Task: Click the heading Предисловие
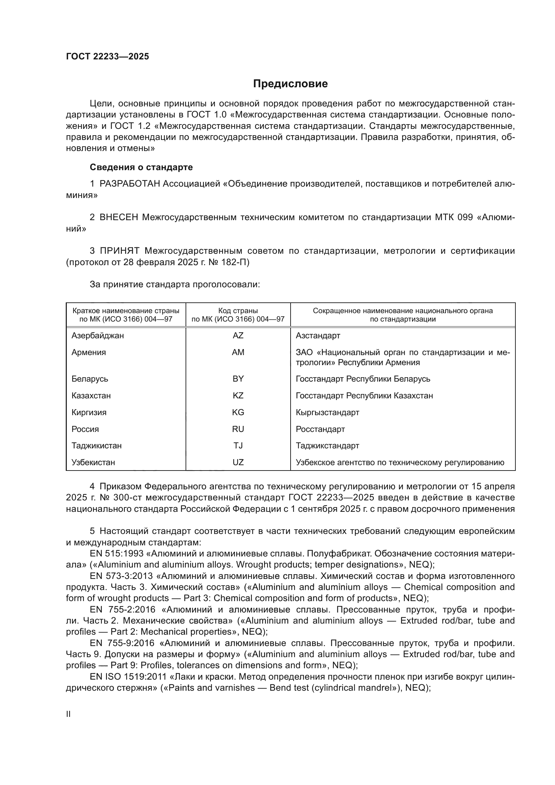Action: coord(290,84)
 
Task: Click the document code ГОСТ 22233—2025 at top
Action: coord(108,57)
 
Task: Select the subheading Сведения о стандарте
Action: coord(141,167)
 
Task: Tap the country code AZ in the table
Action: coord(238,335)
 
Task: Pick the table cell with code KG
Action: coord(238,412)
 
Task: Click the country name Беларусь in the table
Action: coord(90,379)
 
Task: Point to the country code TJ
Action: coord(238,445)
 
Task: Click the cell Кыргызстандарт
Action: coord(327,412)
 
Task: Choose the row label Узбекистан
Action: coord(93,462)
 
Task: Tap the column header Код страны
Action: coord(238,311)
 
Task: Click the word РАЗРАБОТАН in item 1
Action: coord(130,184)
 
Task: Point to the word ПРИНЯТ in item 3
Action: coord(119,251)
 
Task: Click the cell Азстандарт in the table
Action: coord(318,335)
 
